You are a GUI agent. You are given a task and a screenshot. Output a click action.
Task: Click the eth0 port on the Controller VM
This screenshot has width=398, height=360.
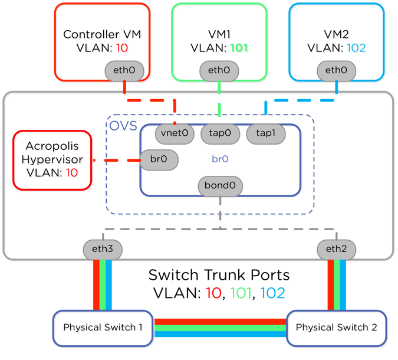(124, 71)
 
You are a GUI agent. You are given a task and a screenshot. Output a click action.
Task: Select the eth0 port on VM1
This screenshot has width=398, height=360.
(219, 71)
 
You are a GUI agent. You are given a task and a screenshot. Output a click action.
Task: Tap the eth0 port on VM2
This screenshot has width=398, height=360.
(336, 71)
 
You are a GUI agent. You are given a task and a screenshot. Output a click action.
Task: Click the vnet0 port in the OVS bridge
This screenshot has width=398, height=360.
(175, 133)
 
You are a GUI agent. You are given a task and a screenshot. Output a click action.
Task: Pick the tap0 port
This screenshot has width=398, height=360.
(219, 133)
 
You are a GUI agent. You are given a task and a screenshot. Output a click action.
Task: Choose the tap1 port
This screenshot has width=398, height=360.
(265, 133)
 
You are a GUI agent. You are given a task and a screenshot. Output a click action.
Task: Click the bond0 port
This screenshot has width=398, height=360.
(220, 186)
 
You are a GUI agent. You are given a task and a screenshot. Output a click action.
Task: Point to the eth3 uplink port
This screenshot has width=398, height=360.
(103, 249)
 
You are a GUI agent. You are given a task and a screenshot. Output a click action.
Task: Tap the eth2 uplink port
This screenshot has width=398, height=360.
(336, 249)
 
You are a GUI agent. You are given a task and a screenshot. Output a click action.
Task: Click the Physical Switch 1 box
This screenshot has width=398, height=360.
(103, 328)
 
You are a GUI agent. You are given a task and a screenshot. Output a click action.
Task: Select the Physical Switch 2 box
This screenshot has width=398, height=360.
(336, 328)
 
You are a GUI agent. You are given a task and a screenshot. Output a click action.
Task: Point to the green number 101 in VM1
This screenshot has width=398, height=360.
(239, 48)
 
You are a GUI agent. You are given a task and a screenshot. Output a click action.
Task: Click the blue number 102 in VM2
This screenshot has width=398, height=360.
(356, 48)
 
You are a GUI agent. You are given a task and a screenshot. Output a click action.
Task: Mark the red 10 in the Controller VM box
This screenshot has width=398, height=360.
(122, 48)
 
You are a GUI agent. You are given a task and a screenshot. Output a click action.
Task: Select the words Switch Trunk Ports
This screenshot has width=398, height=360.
(219, 275)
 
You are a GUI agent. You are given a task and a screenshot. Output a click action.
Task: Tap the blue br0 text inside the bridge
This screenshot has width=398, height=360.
(220, 159)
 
